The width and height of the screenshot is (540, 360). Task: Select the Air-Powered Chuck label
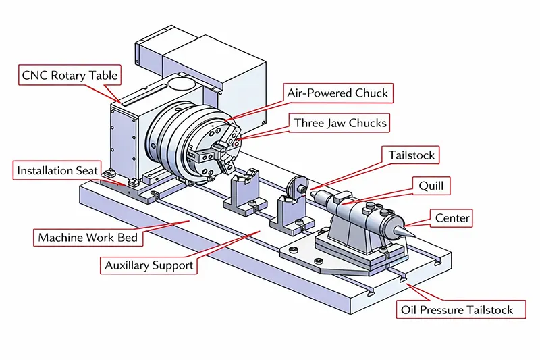click(337, 93)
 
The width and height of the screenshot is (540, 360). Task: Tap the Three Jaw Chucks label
click(340, 123)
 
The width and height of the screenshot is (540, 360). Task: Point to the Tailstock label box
click(411, 155)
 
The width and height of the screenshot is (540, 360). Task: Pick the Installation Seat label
click(58, 170)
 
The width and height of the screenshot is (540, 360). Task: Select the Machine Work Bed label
click(88, 238)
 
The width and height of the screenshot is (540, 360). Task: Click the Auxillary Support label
click(148, 265)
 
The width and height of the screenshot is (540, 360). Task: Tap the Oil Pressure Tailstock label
click(454, 311)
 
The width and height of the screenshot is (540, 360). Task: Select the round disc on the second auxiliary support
click(297, 185)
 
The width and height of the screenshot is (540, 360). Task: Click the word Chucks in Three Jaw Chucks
click(368, 123)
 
